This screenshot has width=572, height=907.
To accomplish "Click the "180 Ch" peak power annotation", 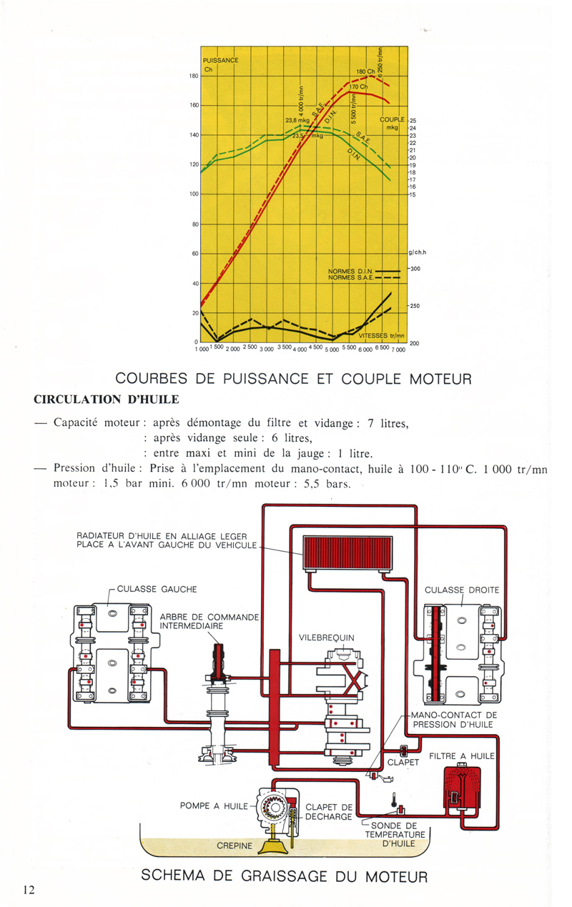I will point(365,72).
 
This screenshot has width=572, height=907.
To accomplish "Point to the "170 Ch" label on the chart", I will point(357,87).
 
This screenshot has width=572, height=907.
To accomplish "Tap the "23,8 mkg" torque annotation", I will point(297,121).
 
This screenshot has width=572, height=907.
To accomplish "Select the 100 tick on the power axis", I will point(193,194).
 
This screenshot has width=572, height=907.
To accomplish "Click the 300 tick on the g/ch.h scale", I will point(415,269).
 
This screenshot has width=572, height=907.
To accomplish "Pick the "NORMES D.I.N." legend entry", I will point(351,271).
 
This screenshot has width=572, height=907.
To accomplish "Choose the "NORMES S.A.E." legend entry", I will point(351,277).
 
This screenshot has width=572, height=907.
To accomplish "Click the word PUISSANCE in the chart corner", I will point(220,60).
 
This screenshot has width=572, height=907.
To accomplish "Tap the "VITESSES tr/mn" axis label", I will point(381,335).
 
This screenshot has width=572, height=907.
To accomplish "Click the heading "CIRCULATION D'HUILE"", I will point(107,398).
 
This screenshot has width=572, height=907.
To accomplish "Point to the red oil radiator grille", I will point(347,552).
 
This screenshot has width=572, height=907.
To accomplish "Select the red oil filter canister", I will point(460,790).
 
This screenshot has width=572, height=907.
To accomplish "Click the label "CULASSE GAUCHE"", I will point(156,590).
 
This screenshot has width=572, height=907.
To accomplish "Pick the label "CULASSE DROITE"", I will point(462,590).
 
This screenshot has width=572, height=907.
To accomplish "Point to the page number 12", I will point(29,889).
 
